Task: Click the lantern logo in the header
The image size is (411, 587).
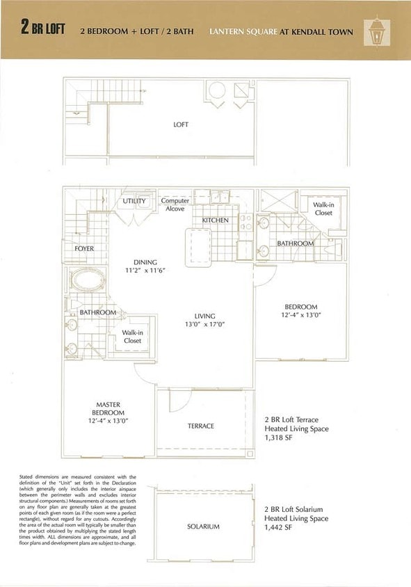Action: [376, 31]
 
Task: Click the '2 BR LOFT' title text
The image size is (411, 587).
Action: [43, 30]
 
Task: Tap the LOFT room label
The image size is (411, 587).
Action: [181, 124]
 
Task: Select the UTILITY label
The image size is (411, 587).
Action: [134, 201]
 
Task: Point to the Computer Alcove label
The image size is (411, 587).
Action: [175, 204]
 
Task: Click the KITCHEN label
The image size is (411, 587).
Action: [215, 220]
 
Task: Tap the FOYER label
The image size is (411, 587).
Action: [84, 248]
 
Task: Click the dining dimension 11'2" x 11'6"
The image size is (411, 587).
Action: [145, 270]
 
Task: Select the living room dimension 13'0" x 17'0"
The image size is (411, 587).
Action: [204, 324]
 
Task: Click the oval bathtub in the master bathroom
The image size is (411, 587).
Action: [88, 283]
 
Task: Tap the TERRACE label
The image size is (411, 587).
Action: [201, 426]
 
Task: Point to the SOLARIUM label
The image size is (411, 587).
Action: [203, 526]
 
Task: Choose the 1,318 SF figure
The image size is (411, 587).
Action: [280, 439]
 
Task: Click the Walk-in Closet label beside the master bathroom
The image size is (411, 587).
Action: [132, 337]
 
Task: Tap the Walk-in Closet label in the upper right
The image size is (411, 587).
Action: [323, 209]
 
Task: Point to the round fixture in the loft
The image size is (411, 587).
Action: [218, 90]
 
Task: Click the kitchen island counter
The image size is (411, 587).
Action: [197, 245]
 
